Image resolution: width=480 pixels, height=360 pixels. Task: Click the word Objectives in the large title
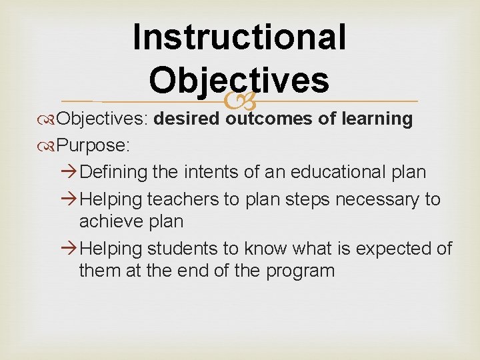[x=239, y=80]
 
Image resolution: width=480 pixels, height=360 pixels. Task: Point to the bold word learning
[x=377, y=119]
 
